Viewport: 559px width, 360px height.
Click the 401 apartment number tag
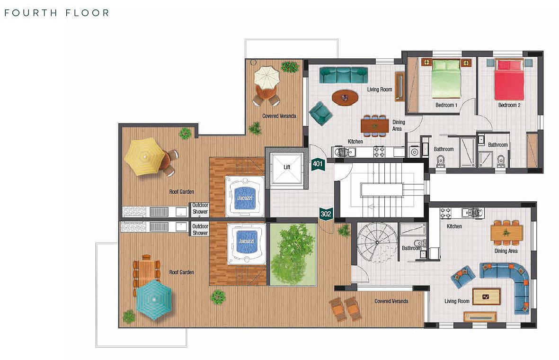318,164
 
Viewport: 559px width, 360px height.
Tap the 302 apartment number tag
326,214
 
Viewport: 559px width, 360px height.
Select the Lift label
287,167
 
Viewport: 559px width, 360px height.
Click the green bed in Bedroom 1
446,79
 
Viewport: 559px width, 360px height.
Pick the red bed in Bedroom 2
509,80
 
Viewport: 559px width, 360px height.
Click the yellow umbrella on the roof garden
145,157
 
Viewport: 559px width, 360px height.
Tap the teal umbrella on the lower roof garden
154,299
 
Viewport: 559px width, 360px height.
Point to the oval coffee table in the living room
345,97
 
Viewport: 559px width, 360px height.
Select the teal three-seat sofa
343,75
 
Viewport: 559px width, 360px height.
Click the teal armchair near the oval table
320,113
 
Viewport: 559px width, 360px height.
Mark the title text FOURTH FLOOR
57,13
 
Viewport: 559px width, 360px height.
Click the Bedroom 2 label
509,105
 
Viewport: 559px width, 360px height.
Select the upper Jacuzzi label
245,198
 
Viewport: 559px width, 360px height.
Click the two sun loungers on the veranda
346,309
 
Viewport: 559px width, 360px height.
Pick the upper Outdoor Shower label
200,208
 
